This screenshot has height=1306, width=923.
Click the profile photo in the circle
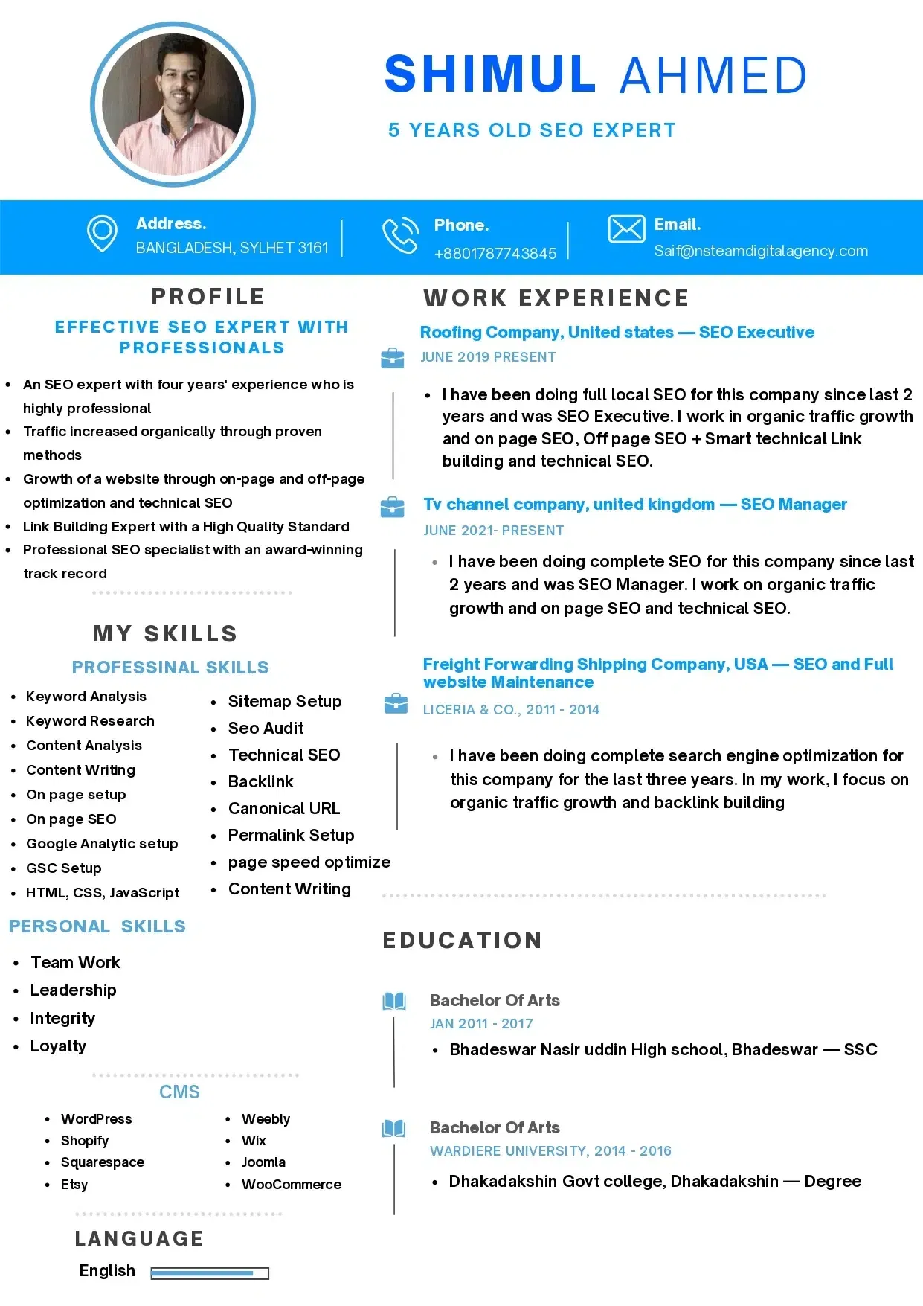click(x=173, y=104)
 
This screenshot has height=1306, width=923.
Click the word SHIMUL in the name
click(x=489, y=74)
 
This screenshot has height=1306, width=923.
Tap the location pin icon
click(x=102, y=234)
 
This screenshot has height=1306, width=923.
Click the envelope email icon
click(x=626, y=229)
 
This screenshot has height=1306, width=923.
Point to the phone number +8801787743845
click(x=495, y=254)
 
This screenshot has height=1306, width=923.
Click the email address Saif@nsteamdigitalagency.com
click(x=760, y=251)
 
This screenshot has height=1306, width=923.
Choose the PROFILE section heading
click(x=208, y=296)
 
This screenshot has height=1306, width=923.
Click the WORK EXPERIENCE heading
click(x=556, y=298)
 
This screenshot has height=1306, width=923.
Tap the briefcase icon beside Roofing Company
click(x=392, y=359)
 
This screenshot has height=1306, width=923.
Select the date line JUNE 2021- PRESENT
click(x=493, y=531)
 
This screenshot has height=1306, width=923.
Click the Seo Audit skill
click(x=266, y=728)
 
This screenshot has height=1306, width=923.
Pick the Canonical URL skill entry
click(x=283, y=808)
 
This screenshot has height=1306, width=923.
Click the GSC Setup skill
click(x=63, y=868)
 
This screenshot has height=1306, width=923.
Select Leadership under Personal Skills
click(x=73, y=990)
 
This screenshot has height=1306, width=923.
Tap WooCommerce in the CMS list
click(x=291, y=1184)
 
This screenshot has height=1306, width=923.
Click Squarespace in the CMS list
click(x=103, y=1162)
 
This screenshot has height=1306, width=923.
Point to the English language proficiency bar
click(x=209, y=1273)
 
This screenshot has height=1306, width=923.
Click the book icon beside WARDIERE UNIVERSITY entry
click(x=393, y=1129)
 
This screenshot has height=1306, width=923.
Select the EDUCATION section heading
click(x=462, y=940)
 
